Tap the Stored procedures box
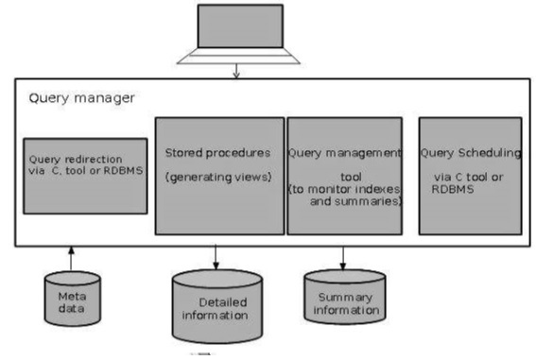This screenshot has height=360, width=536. (x=218, y=176)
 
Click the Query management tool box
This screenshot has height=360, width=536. (x=343, y=176)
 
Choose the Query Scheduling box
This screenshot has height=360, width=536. (x=470, y=176)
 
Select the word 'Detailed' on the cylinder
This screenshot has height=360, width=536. (x=221, y=301)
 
